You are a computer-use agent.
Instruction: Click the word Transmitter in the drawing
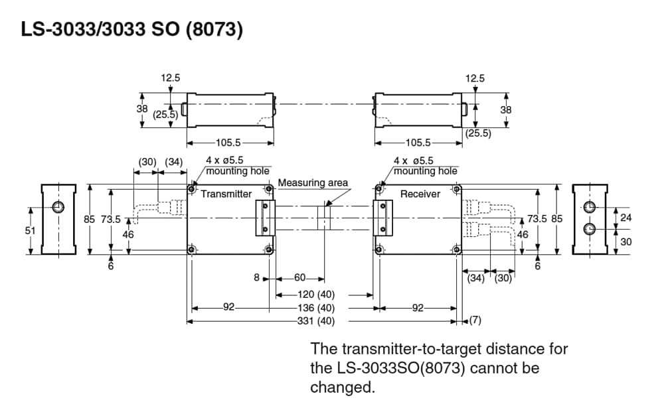point(226,194)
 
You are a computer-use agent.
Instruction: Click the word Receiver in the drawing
point(420,194)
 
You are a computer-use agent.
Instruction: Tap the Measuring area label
point(313,182)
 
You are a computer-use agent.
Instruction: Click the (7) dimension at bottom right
point(475,321)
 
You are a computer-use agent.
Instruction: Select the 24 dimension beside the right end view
point(626,218)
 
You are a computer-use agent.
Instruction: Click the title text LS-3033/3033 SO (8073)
point(131,31)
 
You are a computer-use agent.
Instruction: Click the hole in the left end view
point(58,207)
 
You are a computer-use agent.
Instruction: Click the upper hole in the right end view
point(589,207)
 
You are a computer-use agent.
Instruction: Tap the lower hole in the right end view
point(589,229)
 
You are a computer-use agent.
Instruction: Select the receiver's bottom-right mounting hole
point(456,249)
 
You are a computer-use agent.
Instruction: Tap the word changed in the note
point(341,387)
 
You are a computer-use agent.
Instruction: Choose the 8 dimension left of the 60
point(256,278)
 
